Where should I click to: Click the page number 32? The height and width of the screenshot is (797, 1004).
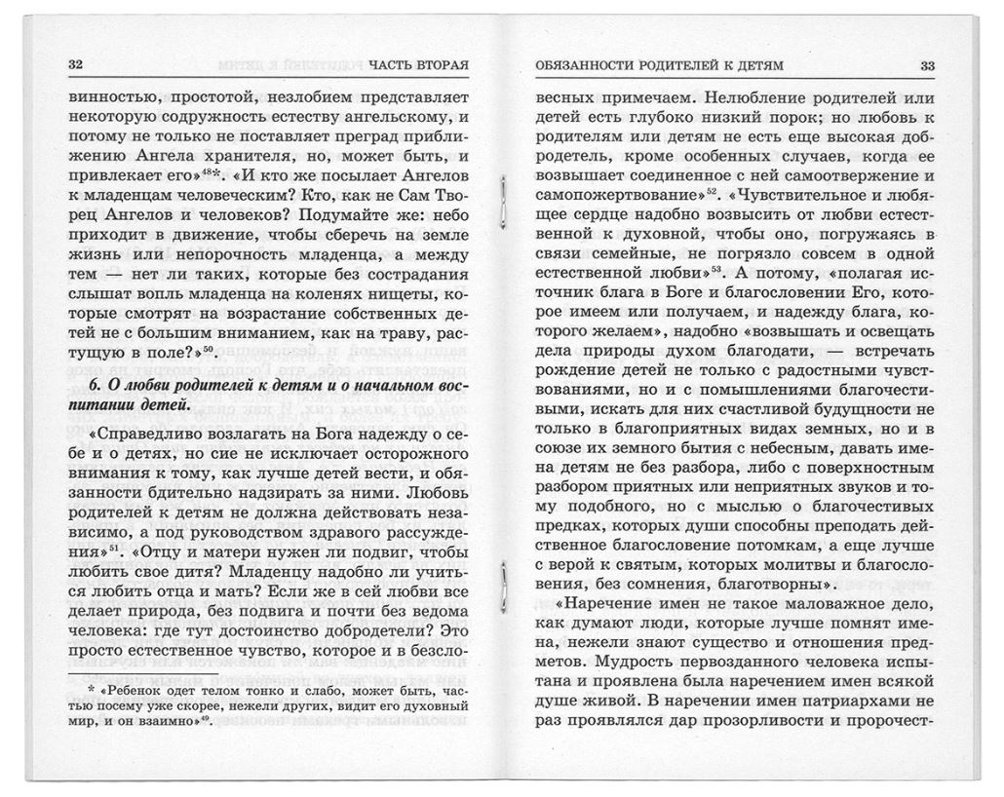pos(76,65)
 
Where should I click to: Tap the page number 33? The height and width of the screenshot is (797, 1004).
pos(927,65)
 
